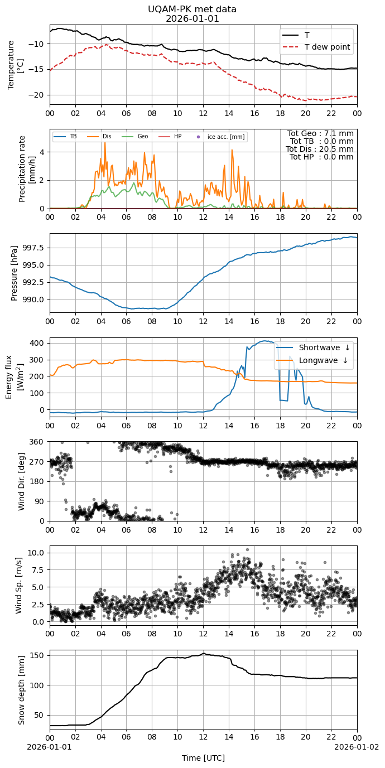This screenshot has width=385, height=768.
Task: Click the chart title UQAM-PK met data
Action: coord(192,9)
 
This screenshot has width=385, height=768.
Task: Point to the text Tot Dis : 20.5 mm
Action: coord(320,149)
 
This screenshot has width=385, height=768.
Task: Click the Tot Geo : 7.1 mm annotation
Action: coord(320,133)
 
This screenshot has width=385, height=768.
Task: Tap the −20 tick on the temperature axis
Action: coord(36,95)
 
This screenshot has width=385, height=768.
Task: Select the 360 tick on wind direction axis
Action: coord(38,442)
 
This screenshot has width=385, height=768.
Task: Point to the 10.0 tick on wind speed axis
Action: coord(36,553)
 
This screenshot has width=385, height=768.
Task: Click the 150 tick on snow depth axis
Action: coord(38,655)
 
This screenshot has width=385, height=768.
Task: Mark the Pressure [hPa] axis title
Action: coord(14,273)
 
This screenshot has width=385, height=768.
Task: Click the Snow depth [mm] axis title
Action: coord(21,690)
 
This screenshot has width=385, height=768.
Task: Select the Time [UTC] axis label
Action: coord(204,758)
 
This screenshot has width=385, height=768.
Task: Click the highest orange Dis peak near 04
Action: coord(105,143)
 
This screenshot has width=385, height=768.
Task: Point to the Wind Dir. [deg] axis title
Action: coord(21,481)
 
